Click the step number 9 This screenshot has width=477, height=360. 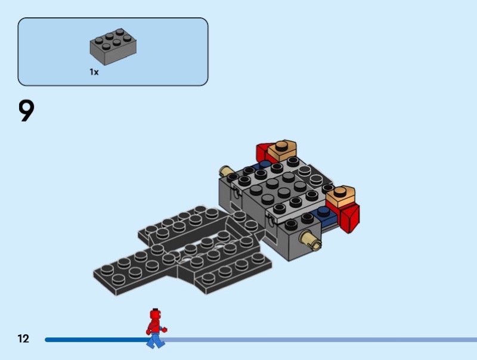click(26, 111)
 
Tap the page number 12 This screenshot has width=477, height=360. click(23, 339)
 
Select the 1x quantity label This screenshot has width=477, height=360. click(94, 72)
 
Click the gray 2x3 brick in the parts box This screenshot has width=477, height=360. click(113, 46)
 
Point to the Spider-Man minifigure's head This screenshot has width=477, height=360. click(156, 314)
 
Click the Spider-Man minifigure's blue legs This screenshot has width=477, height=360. click(156, 340)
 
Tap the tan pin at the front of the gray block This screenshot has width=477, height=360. click(310, 238)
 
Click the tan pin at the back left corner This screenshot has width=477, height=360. click(225, 171)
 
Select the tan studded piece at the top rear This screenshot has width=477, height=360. click(282, 150)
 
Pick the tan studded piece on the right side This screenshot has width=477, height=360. click(340, 195)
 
